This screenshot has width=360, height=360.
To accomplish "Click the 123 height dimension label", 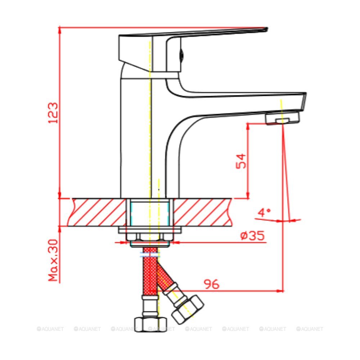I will (53, 113).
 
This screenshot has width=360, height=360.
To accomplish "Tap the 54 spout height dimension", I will (241, 161).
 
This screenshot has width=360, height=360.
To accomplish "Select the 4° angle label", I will (264, 212).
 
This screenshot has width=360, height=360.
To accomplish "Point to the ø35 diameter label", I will (252, 236).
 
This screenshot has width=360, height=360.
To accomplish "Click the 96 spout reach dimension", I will (211, 284).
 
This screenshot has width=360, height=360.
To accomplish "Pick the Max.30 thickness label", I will (53, 260).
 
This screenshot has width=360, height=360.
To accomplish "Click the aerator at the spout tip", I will (283, 118).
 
